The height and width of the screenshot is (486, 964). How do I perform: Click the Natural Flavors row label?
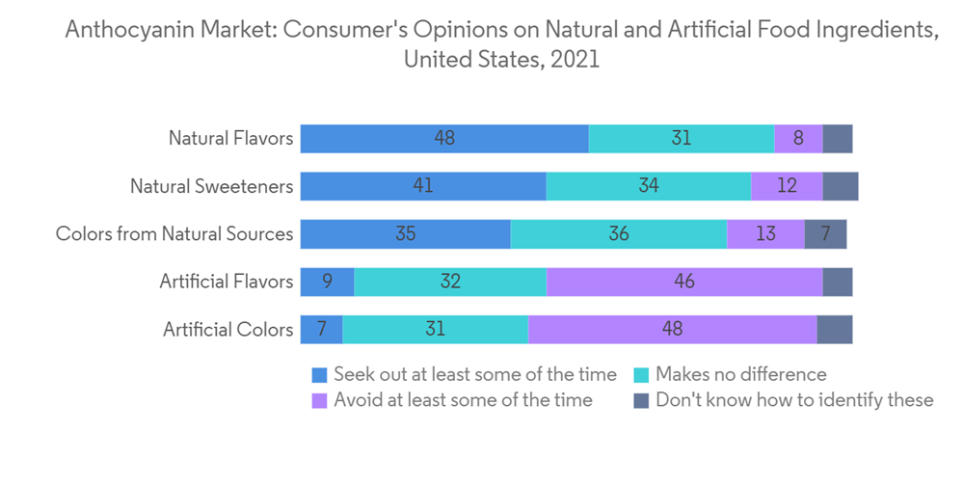click(x=230, y=138)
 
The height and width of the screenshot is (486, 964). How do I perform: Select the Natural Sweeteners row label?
click(x=211, y=186)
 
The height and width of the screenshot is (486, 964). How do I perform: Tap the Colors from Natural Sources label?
click(x=174, y=233)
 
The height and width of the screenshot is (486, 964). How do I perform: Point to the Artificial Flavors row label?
click(x=226, y=282)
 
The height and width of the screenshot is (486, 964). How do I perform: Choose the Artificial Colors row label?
click(x=228, y=329)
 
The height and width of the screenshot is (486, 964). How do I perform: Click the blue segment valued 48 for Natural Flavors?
click(x=444, y=138)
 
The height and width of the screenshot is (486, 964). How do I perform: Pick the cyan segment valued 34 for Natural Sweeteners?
click(x=648, y=186)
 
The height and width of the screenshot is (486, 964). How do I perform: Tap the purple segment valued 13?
click(x=765, y=233)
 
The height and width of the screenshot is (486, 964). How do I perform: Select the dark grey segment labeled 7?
click(x=825, y=233)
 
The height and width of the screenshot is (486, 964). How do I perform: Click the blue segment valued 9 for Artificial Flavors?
click(x=327, y=282)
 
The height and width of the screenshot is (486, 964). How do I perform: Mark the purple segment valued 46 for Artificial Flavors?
click(x=684, y=282)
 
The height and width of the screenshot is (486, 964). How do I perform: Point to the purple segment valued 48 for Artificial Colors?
click(x=672, y=329)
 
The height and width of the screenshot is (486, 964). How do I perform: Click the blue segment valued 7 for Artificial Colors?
click(x=321, y=329)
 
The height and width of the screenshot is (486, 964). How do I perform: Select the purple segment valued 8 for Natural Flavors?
click(x=798, y=138)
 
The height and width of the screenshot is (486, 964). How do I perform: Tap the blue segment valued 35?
click(x=405, y=233)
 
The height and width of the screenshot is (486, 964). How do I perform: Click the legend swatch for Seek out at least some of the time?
click(x=319, y=374)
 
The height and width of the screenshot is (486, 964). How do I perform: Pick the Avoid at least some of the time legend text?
click(x=463, y=399)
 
